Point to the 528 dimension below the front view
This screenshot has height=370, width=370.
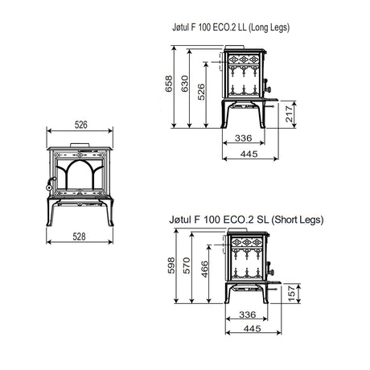pos(80,236)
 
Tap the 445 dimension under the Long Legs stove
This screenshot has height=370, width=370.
pos(249,154)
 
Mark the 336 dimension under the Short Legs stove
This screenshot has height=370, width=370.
pos(247,314)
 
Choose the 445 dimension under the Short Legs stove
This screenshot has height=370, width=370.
pos(249,329)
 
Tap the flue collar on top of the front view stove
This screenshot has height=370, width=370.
pos(80,148)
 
